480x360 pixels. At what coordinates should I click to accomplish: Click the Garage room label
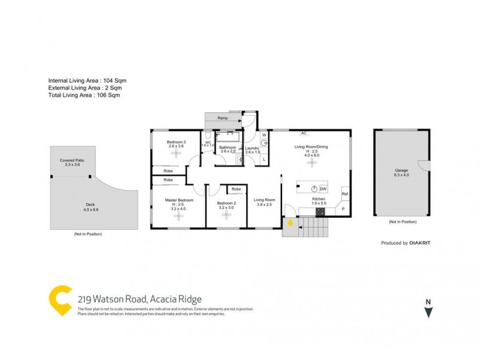(401, 170)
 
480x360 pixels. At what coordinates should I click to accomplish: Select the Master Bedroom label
(179, 199)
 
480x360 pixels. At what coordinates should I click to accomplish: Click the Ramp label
(223, 118)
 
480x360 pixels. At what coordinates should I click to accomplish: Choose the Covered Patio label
(72, 161)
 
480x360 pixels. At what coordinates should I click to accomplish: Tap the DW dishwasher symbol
(322, 188)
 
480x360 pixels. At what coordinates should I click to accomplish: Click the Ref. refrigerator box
(345, 194)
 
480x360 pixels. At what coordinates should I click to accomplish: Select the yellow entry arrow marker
(290, 223)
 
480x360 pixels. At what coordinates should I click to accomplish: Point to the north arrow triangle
(428, 312)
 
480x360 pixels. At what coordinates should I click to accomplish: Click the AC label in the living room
(304, 133)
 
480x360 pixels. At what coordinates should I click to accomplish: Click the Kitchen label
(318, 199)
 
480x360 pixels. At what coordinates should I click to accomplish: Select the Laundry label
(252, 148)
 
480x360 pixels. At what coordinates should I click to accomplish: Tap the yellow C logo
(59, 298)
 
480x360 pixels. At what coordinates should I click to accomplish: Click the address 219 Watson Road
(140, 299)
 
